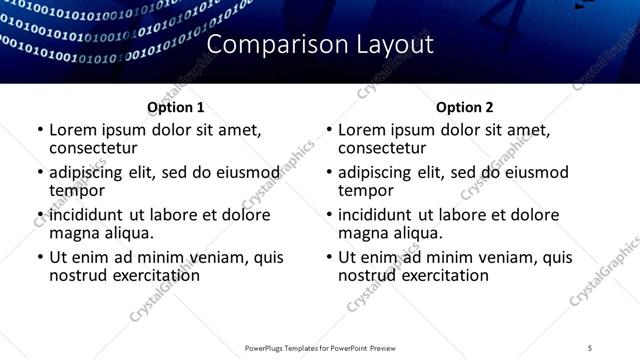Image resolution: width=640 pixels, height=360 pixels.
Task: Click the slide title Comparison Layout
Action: (320, 45)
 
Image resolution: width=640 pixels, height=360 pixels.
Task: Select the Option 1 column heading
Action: (176, 107)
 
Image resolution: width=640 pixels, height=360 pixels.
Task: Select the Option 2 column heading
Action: (465, 107)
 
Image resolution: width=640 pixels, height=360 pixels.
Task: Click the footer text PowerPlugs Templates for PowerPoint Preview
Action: (320, 347)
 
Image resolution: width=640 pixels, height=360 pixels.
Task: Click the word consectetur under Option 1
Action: (93, 148)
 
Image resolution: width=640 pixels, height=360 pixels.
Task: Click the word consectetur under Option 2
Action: (382, 148)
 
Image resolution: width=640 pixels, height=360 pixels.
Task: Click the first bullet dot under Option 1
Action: (39, 131)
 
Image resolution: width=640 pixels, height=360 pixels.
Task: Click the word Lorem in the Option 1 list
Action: (72, 130)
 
